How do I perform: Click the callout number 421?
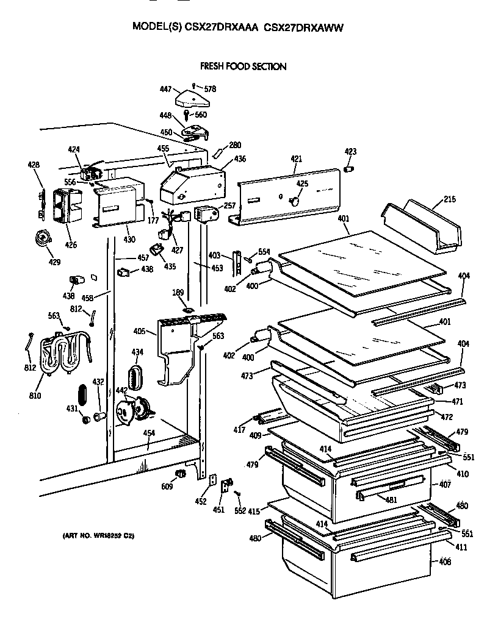(x=296, y=159)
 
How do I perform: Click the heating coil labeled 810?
(x=57, y=355)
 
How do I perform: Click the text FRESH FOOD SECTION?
(x=244, y=66)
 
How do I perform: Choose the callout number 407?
(x=445, y=485)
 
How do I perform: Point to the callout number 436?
(x=240, y=159)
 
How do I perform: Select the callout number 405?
(x=139, y=332)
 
